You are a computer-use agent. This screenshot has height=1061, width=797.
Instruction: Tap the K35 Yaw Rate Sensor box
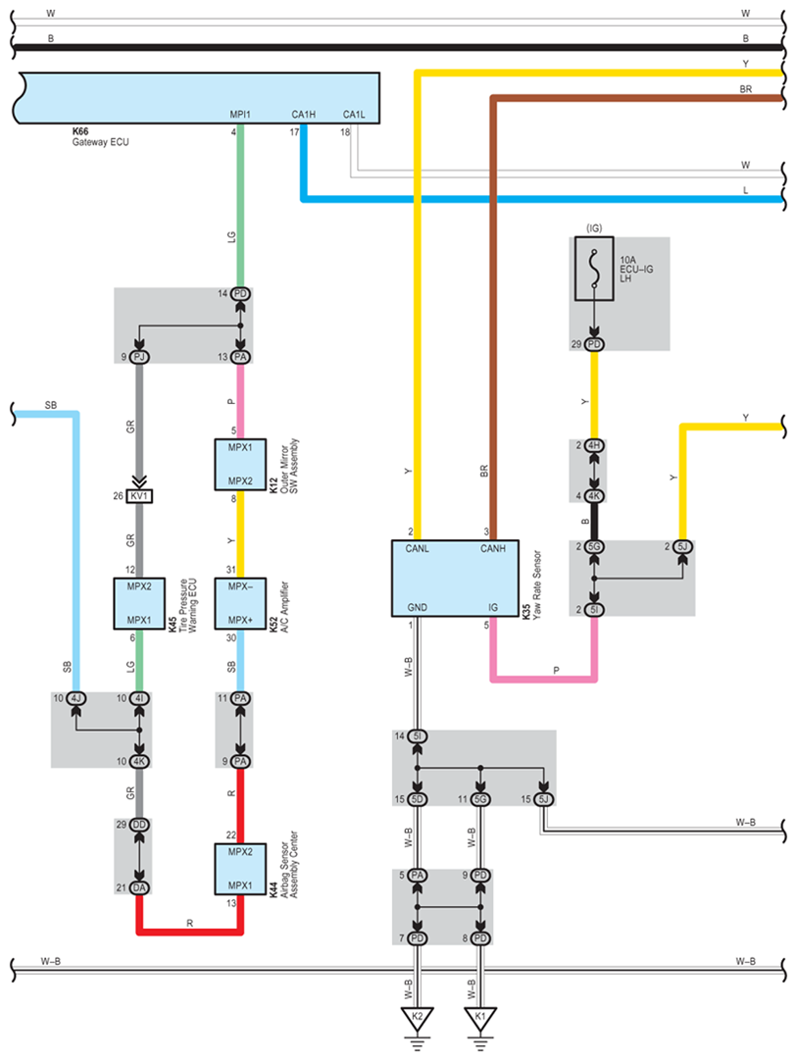click(x=455, y=578)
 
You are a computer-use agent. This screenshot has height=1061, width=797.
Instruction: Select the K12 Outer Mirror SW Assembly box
click(x=240, y=464)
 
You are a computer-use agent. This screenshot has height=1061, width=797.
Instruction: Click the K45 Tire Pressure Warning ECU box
click(x=139, y=604)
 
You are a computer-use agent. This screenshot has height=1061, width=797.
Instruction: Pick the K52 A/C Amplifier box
click(x=240, y=604)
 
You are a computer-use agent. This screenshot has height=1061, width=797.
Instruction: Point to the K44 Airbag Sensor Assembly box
click(x=240, y=869)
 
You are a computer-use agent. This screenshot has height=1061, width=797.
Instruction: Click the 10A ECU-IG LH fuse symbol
click(x=594, y=269)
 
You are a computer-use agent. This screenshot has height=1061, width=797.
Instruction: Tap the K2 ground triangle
click(x=418, y=1018)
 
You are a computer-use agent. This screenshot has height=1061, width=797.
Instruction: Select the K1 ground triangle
click(x=480, y=1018)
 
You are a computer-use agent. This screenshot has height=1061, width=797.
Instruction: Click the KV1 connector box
click(x=139, y=496)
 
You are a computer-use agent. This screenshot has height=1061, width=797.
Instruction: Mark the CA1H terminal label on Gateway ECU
click(x=304, y=115)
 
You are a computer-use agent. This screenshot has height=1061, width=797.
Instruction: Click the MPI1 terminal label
click(x=240, y=115)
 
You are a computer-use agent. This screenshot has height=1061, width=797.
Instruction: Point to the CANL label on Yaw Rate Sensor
click(x=418, y=549)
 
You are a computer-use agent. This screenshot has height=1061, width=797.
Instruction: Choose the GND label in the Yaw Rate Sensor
click(x=418, y=608)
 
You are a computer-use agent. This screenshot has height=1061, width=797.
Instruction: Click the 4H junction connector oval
click(x=594, y=445)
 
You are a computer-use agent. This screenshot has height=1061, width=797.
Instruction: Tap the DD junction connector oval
click(x=139, y=824)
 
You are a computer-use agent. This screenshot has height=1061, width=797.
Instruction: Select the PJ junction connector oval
click(x=139, y=357)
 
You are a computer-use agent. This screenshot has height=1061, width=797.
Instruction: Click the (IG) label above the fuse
click(x=594, y=228)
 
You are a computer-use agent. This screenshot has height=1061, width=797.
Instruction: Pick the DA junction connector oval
click(x=139, y=887)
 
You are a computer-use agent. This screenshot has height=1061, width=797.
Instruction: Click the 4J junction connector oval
click(x=76, y=697)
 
